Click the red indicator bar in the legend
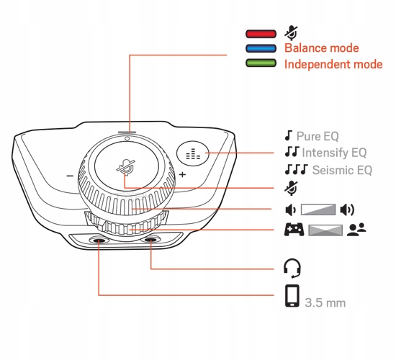click(x=261, y=34)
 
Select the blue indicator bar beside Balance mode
click(x=261, y=48)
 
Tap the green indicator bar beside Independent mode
click(x=261, y=63)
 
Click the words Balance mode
click(x=322, y=48)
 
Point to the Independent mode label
click(x=333, y=64)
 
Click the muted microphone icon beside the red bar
click(x=291, y=33)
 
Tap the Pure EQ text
click(x=318, y=136)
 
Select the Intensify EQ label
click(x=334, y=153)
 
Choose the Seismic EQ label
click(x=342, y=170)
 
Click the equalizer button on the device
click(x=193, y=153)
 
